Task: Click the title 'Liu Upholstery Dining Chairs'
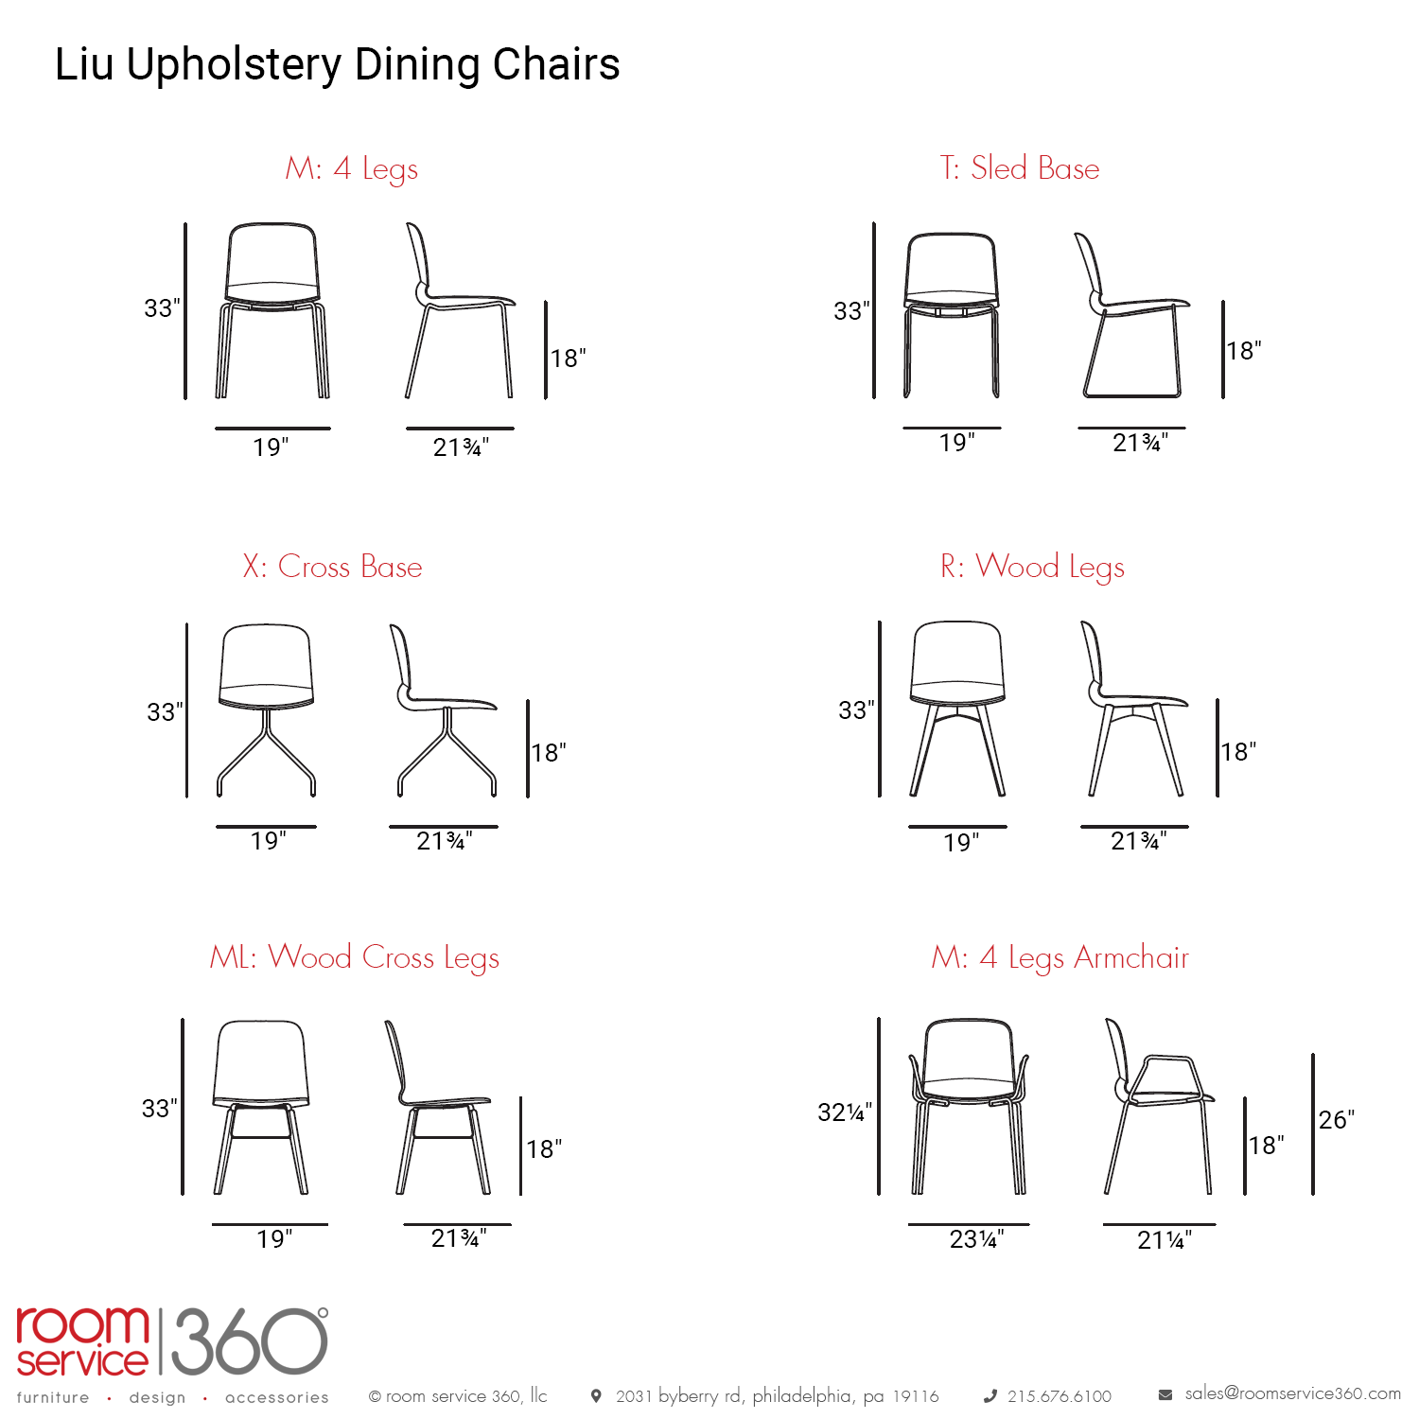click(x=337, y=65)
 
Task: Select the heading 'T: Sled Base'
click(x=1020, y=168)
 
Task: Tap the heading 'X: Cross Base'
click(x=332, y=567)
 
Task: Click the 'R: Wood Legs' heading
click(x=1032, y=568)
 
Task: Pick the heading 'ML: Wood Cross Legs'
click(x=354, y=958)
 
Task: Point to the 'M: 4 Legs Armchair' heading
click(x=1060, y=958)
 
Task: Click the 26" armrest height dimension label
click(x=1337, y=1120)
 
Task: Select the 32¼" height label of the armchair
click(x=845, y=1112)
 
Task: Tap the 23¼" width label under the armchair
click(x=976, y=1239)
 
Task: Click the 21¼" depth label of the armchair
click(x=1165, y=1240)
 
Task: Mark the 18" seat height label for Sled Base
click(x=1244, y=351)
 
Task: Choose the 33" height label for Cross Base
click(x=165, y=712)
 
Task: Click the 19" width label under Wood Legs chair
click(x=961, y=843)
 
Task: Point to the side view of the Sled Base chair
click(x=1132, y=315)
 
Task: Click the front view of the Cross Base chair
click(x=267, y=709)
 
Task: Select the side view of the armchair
click(x=1161, y=1106)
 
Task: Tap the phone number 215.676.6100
click(x=1060, y=1396)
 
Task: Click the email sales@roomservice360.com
click(x=1293, y=1393)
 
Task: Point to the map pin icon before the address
click(x=596, y=1396)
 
